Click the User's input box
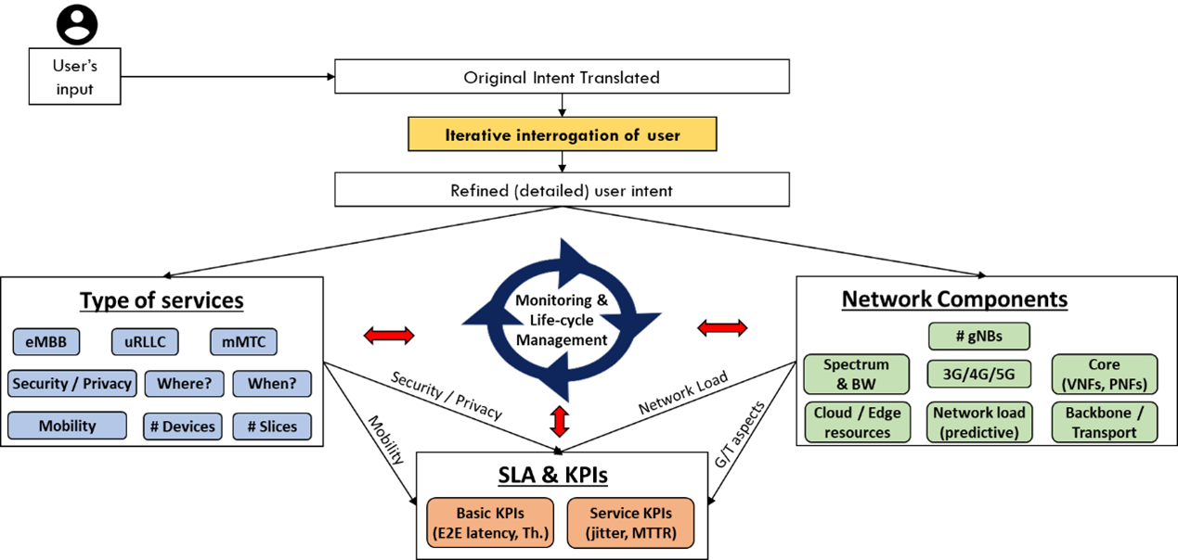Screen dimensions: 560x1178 click(x=74, y=77)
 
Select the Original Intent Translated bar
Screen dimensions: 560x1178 click(x=562, y=77)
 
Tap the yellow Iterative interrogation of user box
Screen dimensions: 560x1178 click(x=562, y=134)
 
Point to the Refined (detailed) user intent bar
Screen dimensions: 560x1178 click(x=562, y=190)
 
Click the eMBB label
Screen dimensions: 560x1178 click(x=46, y=342)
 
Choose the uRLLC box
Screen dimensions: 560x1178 click(x=145, y=342)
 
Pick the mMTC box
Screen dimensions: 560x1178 click(x=243, y=342)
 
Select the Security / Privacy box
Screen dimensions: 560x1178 click(x=71, y=384)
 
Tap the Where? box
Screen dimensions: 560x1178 click(x=184, y=384)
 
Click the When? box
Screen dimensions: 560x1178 click(x=272, y=384)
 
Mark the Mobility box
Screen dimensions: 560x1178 click(x=67, y=426)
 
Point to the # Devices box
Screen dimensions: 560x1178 click(x=183, y=426)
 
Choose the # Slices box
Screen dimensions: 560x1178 click(x=272, y=426)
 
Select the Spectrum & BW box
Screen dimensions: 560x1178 click(x=857, y=374)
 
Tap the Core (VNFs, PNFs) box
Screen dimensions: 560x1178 click(x=1104, y=374)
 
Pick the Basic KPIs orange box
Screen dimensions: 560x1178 click(x=490, y=523)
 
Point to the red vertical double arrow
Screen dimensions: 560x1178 click(x=559, y=421)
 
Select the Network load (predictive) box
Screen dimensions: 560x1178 click(x=979, y=422)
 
